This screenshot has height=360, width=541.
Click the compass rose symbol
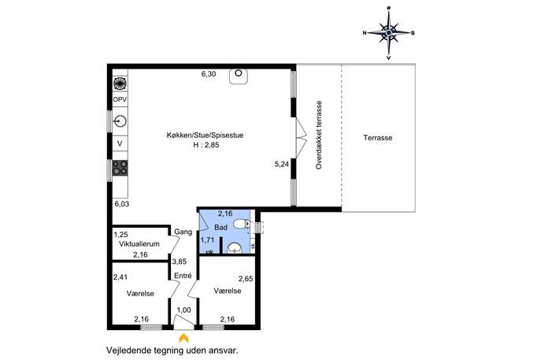389,33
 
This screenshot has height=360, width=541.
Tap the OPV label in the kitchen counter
120,100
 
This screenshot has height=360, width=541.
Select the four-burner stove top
120,168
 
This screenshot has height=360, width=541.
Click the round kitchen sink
120,121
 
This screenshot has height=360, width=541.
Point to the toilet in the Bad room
242,225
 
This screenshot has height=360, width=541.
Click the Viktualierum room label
139,244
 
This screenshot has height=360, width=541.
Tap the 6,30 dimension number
209,74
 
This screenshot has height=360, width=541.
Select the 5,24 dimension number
282,165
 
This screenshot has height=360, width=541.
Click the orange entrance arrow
184,338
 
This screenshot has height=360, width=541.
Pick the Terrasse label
378,138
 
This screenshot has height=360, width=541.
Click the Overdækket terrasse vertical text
319,135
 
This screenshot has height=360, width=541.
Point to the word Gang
183,232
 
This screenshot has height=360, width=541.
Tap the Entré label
183,276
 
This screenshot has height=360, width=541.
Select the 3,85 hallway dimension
180,262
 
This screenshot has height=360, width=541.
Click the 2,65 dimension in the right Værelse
246,279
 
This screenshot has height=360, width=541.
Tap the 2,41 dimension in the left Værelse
120,276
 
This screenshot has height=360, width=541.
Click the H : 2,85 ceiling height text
206,145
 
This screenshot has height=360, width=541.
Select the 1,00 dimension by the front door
184,310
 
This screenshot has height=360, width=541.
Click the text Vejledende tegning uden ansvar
172,351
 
